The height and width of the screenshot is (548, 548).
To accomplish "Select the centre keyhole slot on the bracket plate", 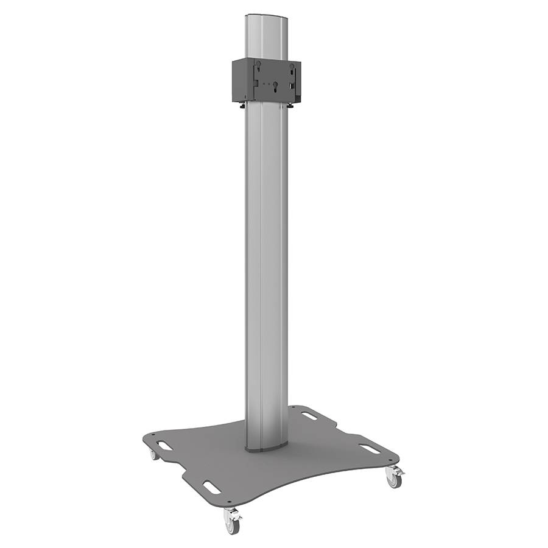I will pos(276,86).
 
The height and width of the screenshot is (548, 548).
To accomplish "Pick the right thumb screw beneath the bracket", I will pos(294,108).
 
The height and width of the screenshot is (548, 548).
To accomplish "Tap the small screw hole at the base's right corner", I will pos(388,458).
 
